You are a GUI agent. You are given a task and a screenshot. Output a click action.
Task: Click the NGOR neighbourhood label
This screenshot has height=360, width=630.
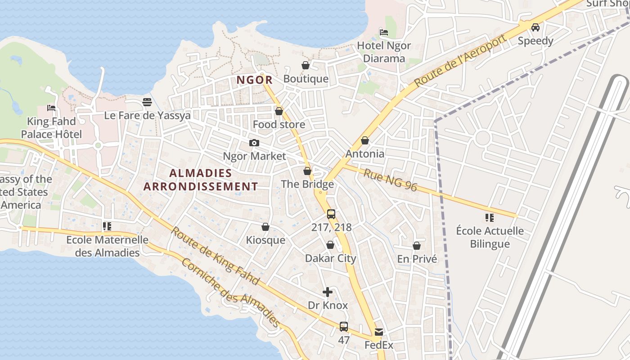[255, 80]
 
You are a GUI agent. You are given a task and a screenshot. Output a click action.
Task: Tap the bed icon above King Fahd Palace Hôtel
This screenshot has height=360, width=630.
[51, 108]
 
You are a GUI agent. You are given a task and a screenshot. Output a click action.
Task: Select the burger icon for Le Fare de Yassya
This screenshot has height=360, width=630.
[147, 102]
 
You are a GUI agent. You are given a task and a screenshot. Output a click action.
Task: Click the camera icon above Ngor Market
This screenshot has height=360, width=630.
[254, 143]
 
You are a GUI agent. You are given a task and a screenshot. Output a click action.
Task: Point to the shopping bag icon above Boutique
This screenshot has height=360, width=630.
[306, 66]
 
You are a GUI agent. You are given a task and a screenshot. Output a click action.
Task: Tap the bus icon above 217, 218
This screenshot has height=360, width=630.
[331, 214]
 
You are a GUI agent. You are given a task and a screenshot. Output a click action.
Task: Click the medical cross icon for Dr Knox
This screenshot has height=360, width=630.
[328, 292]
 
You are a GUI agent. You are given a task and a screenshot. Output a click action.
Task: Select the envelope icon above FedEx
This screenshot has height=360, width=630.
[378, 332]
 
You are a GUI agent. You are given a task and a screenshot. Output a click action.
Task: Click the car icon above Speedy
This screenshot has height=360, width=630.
[535, 27]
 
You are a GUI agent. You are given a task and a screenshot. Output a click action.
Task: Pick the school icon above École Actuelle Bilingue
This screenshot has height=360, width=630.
[490, 218]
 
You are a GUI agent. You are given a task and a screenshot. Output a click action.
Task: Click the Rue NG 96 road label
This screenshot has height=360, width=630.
[390, 180]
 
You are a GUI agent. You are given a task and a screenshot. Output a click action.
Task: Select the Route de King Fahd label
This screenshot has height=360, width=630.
[215, 256]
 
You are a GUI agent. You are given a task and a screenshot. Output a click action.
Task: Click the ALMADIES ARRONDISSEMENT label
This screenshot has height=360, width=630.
[201, 180]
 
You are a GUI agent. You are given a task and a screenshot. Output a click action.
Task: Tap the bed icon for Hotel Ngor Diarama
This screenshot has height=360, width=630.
[384, 32]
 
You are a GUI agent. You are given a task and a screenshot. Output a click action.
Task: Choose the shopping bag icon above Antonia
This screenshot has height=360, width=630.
[365, 141]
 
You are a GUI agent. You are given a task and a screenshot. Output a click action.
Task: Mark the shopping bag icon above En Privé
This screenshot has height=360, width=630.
[417, 246]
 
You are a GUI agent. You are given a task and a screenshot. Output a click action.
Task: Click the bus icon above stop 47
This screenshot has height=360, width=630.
[344, 327]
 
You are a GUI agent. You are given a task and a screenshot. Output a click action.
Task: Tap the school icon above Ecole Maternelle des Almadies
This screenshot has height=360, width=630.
[107, 226]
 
